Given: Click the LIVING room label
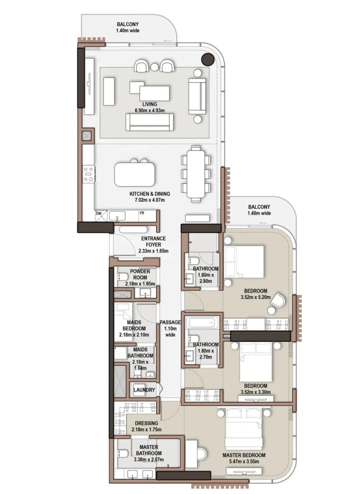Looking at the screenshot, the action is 150,104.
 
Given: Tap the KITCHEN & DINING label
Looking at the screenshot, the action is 150,194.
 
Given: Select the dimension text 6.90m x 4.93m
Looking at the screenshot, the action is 150,110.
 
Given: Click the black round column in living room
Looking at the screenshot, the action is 208,59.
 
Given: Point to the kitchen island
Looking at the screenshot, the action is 135,174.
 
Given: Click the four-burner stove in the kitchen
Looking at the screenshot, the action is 88,174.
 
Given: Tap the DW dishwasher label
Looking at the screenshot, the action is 99,213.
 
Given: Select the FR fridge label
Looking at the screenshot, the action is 142,213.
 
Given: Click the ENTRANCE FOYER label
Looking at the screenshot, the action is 153,241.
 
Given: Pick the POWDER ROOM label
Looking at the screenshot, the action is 140,274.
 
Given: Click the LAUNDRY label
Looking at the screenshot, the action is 144,390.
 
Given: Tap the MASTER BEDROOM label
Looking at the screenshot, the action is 244,455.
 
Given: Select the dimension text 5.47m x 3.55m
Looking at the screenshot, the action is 244,461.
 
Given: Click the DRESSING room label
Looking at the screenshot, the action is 146,423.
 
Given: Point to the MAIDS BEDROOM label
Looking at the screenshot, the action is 134,325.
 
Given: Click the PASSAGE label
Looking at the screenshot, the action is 170,322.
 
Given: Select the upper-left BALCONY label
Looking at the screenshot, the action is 128,24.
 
